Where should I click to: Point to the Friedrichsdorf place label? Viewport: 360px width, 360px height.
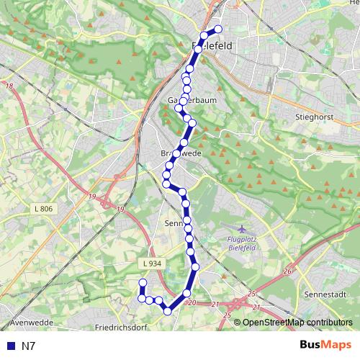[125, 327]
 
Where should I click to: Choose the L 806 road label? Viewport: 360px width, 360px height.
[43, 208]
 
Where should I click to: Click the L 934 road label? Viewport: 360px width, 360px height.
[153, 264]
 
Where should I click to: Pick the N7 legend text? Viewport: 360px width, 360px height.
[29, 346]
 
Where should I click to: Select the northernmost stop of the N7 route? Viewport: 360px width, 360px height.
[218, 30]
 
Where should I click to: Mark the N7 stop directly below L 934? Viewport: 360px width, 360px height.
[143, 283]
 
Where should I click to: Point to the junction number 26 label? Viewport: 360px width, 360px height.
[288, 271]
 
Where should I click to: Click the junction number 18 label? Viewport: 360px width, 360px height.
[9, 87]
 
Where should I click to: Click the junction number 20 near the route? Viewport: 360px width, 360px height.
[192, 303]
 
